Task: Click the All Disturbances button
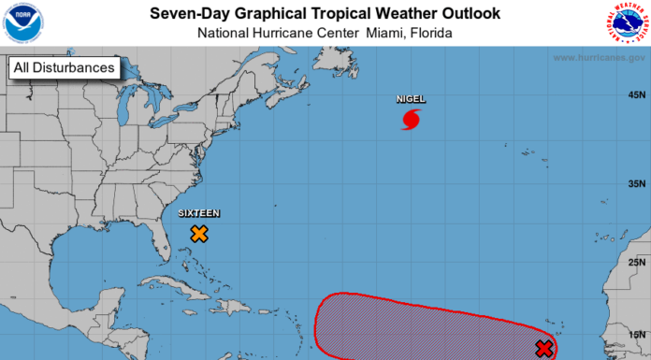(x=64, y=67)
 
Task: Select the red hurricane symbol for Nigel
(x=412, y=119)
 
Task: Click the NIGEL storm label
(x=412, y=98)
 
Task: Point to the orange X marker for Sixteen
(x=199, y=234)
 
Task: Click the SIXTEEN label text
(x=199, y=213)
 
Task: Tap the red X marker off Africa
(x=544, y=349)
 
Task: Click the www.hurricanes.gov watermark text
(x=599, y=58)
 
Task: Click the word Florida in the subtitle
(x=427, y=33)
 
